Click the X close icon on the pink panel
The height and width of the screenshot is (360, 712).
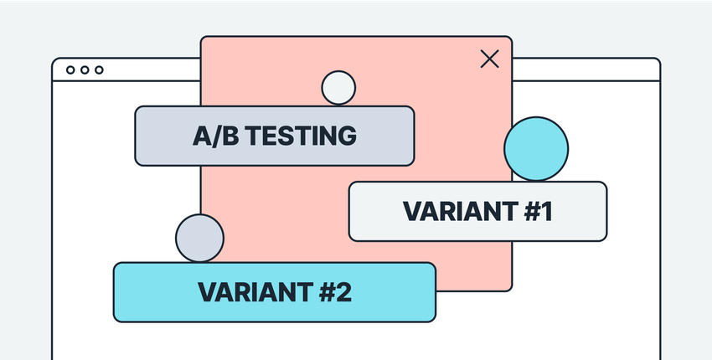point(489,59)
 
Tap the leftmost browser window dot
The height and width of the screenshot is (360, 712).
point(70,70)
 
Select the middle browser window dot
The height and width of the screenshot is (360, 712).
point(85,70)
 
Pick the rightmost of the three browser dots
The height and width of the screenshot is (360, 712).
point(99,70)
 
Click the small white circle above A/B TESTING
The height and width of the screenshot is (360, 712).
point(338,88)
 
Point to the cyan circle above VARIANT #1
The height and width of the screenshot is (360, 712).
point(536,149)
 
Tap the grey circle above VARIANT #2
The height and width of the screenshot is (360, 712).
point(199,237)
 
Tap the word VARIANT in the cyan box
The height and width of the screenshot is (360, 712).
point(250,292)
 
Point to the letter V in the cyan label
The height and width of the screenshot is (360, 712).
point(207,292)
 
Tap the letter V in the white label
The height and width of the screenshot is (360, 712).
point(411,212)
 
